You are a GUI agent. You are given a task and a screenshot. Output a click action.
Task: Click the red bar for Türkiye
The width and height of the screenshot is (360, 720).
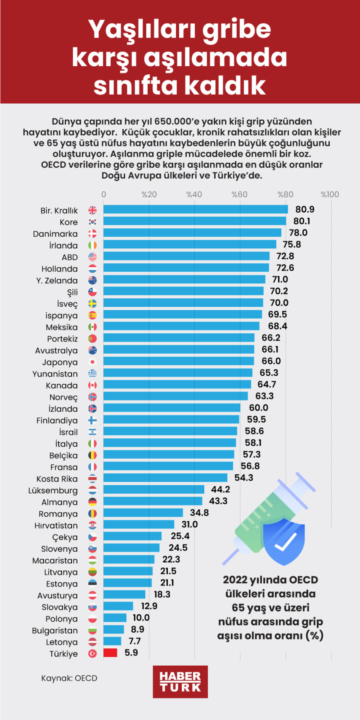110,653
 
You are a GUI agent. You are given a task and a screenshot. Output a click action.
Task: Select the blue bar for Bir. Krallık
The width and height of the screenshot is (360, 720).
195,210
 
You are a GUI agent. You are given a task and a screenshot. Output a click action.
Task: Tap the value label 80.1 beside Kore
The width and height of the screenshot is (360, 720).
301,221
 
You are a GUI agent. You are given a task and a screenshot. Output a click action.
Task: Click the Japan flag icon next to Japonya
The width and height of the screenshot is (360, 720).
92,362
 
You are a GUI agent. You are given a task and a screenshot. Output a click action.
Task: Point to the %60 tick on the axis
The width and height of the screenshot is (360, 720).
239,194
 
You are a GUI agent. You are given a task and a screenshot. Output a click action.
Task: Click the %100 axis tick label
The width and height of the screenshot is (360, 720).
330,194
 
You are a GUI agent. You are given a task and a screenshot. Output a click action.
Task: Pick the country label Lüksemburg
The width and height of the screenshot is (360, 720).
53,490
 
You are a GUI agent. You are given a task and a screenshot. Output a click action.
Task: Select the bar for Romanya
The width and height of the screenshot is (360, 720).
143,513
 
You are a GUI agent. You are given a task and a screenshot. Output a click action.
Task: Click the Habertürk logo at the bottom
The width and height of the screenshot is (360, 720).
180,681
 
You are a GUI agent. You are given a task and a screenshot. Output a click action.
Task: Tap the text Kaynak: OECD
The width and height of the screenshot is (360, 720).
69,678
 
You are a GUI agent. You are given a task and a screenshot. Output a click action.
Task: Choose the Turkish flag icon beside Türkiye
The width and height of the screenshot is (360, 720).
92,654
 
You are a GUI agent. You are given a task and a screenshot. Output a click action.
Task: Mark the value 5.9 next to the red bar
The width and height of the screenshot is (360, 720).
131,652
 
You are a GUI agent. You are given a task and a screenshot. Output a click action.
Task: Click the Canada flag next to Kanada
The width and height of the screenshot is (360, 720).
92,385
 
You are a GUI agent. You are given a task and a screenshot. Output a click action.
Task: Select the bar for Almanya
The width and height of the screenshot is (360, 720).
153,501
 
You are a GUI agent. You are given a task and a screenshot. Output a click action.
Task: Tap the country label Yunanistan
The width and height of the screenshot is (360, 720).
55,374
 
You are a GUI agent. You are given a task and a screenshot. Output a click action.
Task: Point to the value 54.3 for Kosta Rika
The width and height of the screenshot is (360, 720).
244,478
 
